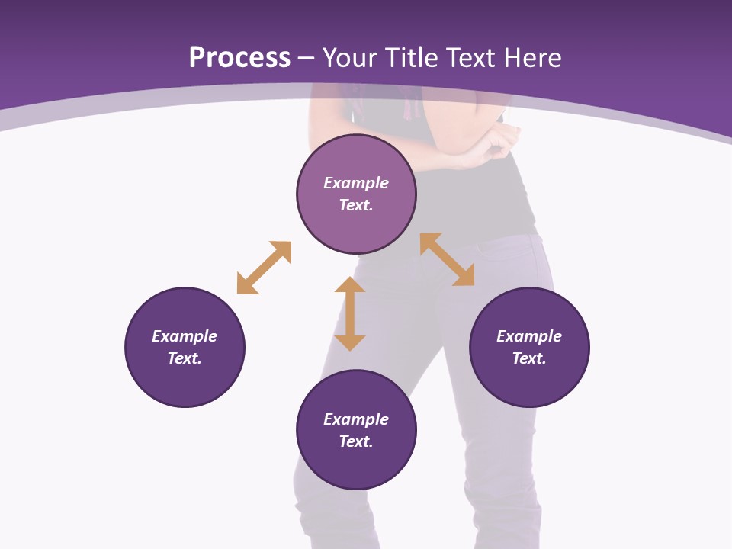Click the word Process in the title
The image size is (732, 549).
click(239, 58)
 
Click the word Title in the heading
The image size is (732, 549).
click(413, 58)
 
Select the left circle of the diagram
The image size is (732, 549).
click(185, 381)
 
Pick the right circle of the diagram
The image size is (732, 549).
click(529, 381)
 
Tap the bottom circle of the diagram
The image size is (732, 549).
click(356, 465)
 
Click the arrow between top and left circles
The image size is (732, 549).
click(264, 268)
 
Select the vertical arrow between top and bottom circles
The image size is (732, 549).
click(350, 313)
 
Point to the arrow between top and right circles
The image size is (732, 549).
click(447, 259)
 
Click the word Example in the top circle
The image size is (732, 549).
click(356, 183)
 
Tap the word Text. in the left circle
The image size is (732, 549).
click(185, 358)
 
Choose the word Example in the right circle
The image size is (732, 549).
click(529, 336)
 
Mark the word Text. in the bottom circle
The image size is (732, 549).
click(356, 441)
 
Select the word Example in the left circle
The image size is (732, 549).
click(185, 336)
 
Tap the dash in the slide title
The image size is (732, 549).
click(307, 59)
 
